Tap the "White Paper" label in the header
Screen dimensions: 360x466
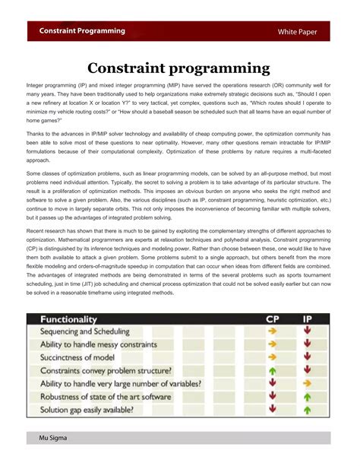[x=302, y=32]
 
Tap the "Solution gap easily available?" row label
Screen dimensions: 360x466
[x=87, y=410]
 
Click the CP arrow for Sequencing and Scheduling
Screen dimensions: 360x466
[x=273, y=331]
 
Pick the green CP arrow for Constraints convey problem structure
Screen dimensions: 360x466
[x=273, y=370]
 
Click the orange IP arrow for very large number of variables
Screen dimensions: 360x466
[x=307, y=384]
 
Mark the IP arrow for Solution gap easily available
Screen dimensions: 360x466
[x=307, y=410]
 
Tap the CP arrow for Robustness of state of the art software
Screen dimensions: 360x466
[x=273, y=397]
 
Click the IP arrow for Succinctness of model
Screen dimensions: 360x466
[x=307, y=357]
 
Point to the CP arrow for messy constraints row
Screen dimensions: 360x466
[x=273, y=344]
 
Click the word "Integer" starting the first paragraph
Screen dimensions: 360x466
[x=36, y=90]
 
